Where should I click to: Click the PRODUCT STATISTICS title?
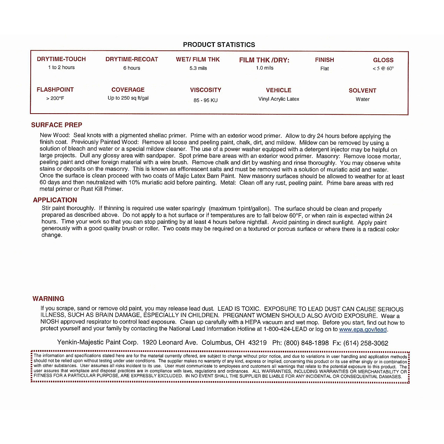coord(219,45)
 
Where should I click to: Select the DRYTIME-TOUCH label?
coord(61,59)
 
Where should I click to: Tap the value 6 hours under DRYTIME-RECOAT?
coord(132,68)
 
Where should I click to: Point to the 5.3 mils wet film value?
coord(198,68)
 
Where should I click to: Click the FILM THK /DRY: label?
coord(264,60)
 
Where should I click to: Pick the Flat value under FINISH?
coord(324,69)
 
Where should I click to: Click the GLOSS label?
coord(383,60)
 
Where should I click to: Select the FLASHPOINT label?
coord(55,90)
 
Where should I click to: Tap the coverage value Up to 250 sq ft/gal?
coord(128,98)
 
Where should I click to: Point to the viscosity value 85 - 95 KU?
coord(205,100)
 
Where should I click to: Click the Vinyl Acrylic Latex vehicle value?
coord(279,99)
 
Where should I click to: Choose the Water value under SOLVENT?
coord(363,100)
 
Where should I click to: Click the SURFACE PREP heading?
coord(57,125)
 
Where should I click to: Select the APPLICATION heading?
coord(55,200)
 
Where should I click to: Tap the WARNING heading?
coord(48,299)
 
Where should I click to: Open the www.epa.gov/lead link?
coord(363,330)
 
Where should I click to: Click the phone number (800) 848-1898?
coord(306,343)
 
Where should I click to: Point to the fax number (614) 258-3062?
coord(366,343)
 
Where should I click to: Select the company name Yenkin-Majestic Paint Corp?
coord(98,343)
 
